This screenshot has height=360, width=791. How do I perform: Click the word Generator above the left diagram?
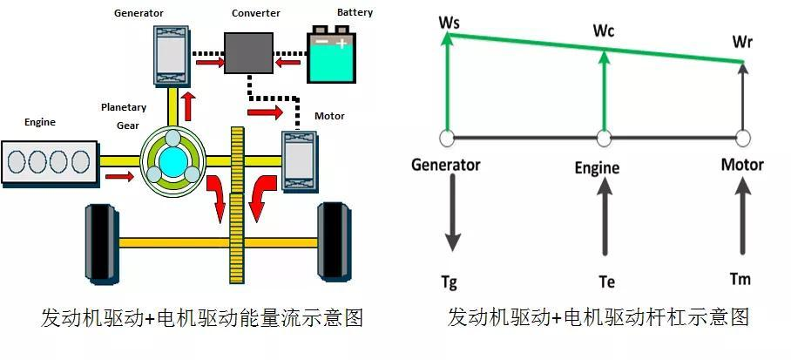tap(140, 13)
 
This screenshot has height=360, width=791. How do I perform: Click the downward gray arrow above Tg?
tap(452, 214)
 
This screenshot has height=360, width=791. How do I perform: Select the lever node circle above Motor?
tap(742, 138)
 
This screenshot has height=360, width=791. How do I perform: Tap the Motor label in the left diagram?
tap(328, 116)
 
